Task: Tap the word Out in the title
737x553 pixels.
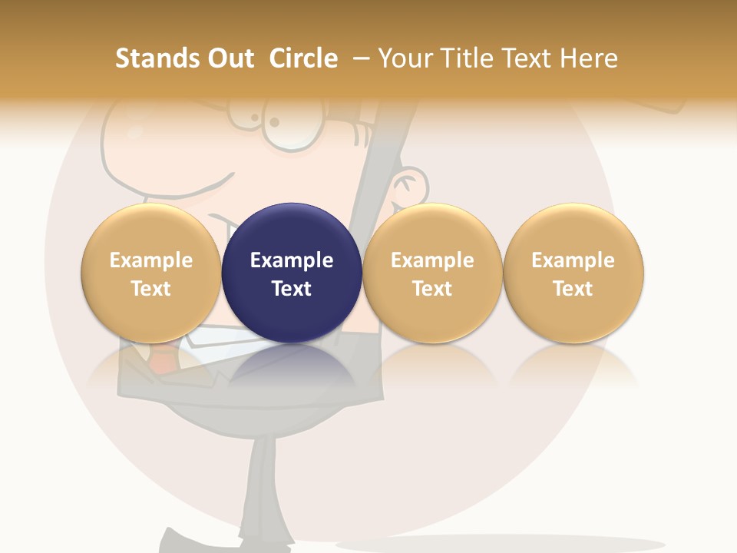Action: coord(228,58)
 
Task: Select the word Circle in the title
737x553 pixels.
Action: coord(303,58)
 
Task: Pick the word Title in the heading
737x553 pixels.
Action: coord(469,58)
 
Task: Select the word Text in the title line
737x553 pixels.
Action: coord(529,58)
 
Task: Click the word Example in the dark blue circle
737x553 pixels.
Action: coord(292,260)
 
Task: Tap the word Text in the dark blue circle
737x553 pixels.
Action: coord(292,289)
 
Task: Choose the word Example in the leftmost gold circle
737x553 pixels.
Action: coord(151,260)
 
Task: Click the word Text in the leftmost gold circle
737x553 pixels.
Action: coord(151,289)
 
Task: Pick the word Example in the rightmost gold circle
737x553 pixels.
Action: coord(573,260)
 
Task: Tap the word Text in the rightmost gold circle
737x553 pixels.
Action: coord(573,289)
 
